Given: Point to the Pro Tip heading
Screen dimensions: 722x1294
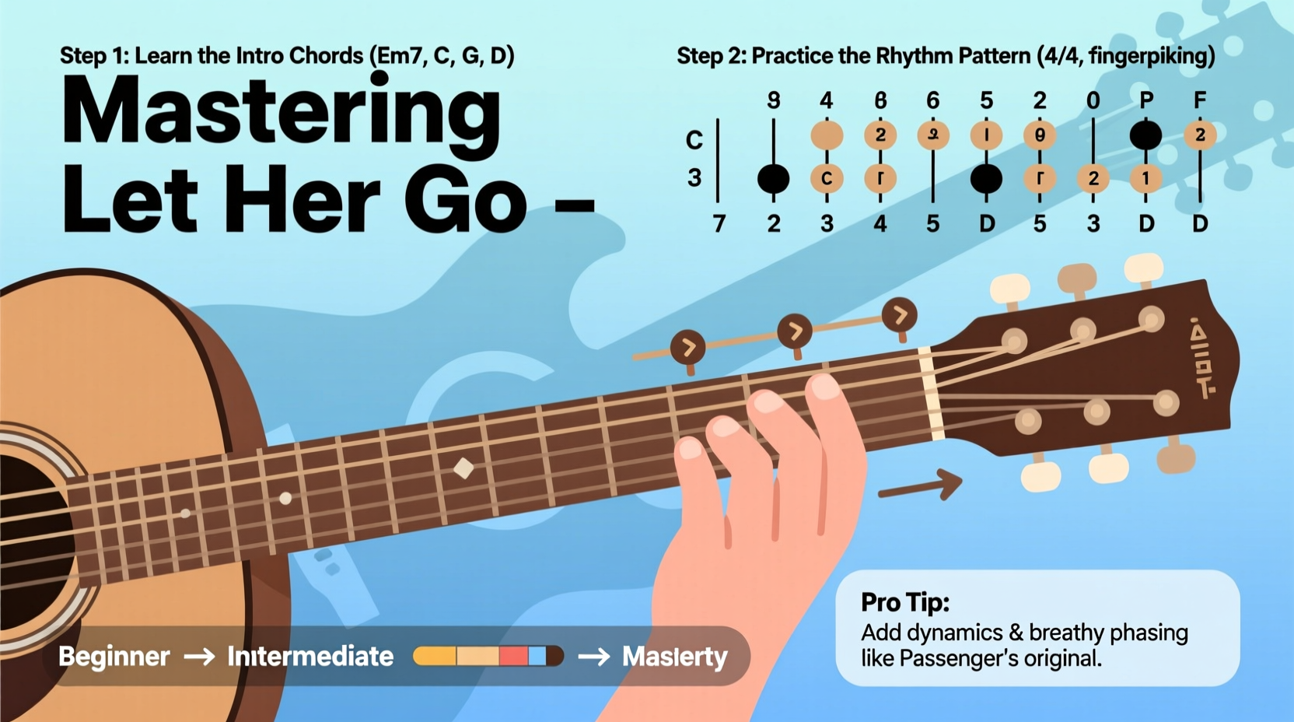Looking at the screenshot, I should pyautogui.click(x=905, y=602).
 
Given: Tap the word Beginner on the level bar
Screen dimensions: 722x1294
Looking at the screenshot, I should pyautogui.click(x=114, y=657).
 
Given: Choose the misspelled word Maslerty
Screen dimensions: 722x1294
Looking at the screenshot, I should pyautogui.click(x=674, y=657).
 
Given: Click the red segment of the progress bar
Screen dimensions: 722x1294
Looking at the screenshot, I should pyautogui.click(x=513, y=656).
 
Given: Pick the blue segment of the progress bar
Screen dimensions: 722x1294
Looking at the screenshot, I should pyautogui.click(x=537, y=656).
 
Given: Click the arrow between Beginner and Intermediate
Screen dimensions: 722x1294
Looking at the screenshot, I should pyautogui.click(x=198, y=657).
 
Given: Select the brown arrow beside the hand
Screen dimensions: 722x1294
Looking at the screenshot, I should pyautogui.click(x=922, y=485).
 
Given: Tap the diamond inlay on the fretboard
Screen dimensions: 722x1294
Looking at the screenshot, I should pyautogui.click(x=464, y=468).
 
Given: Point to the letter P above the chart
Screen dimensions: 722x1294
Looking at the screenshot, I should pyautogui.click(x=1145, y=100).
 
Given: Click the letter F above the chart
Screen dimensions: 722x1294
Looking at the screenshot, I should pyautogui.click(x=1200, y=100).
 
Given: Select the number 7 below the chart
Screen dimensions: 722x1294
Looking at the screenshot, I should pyautogui.click(x=719, y=224).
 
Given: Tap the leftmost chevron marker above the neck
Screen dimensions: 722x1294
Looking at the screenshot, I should pyautogui.click(x=688, y=348).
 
